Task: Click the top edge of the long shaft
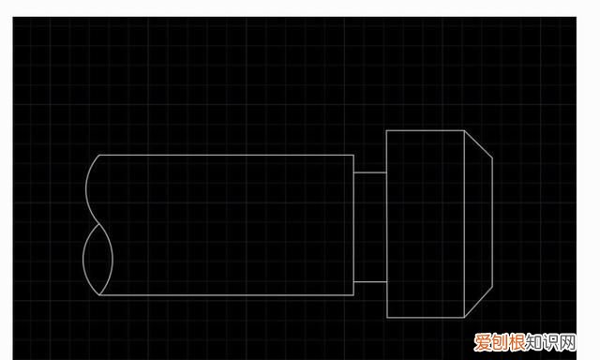(x=227, y=155)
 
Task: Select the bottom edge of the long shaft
(x=227, y=295)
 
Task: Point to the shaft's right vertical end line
(x=353, y=225)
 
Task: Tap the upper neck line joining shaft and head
(x=370, y=172)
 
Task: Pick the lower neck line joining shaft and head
(x=370, y=282)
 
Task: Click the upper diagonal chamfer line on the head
(x=478, y=143)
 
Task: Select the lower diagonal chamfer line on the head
(x=478, y=302)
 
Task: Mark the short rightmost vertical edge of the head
(x=492, y=222)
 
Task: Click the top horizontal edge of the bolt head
(x=426, y=131)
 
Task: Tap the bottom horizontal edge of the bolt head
(x=426, y=317)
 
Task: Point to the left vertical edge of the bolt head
(x=387, y=224)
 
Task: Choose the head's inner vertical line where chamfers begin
(x=465, y=224)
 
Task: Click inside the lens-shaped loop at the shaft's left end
(x=97, y=260)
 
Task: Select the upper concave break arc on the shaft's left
(x=86, y=189)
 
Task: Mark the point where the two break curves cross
(x=99, y=225)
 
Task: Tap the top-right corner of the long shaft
(x=353, y=155)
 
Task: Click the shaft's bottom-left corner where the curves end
(x=100, y=295)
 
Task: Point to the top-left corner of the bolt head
(x=387, y=131)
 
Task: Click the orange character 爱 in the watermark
(x=482, y=342)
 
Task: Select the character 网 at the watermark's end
(x=567, y=342)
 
